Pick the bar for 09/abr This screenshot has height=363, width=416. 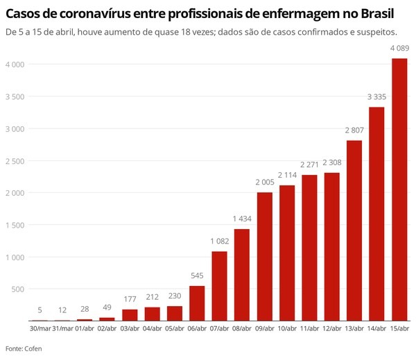tap(264, 256)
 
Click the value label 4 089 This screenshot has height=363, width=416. tap(399, 48)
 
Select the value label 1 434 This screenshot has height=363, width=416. tap(241, 219)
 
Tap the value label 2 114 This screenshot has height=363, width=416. tap(286, 175)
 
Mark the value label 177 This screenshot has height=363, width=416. tap(129, 300)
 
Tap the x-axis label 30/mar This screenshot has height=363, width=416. tap(39, 328)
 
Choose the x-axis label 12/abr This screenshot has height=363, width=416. tap(331, 328)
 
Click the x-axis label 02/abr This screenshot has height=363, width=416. tap(107, 328)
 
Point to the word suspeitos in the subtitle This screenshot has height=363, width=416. tap(376, 32)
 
